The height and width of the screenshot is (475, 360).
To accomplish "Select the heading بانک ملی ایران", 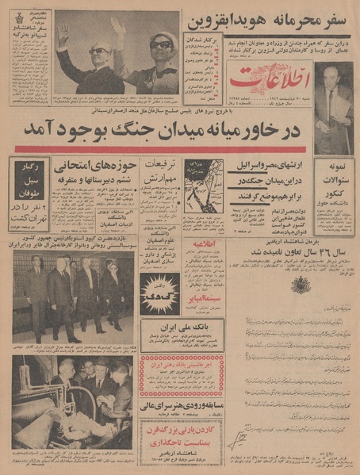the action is pos(181,327).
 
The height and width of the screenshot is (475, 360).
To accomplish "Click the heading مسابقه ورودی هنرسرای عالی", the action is pos(182,402).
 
